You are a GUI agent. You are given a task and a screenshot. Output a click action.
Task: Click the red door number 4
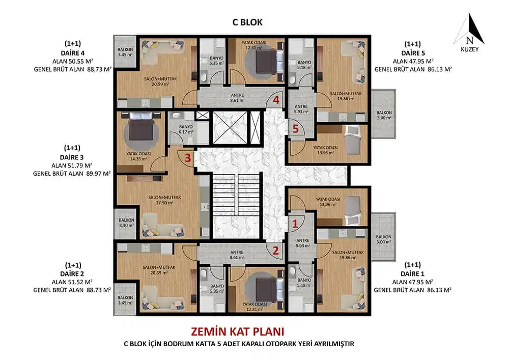point(276,100)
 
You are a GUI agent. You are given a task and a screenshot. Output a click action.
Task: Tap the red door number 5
point(295,128)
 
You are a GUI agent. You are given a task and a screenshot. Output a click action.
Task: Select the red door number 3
point(188,158)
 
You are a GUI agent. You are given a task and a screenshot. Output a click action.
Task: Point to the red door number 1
point(295,224)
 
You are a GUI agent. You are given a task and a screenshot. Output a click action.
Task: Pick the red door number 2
point(275,251)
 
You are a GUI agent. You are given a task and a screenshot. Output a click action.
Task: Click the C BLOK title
point(247,22)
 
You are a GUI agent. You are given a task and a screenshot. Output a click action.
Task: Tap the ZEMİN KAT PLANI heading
point(238,331)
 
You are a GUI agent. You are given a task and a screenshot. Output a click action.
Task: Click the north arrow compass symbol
point(469,29)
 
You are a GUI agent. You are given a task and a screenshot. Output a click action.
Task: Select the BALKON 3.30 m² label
point(126,223)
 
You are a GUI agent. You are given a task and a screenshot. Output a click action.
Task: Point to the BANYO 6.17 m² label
point(186,129)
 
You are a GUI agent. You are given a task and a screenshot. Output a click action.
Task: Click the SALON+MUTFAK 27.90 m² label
point(164,200)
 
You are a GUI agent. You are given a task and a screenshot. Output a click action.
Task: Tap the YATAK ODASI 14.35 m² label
point(138,156)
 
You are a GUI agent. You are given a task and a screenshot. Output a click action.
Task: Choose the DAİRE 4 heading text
point(72,53)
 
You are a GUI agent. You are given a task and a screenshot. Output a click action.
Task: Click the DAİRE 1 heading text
point(412,273)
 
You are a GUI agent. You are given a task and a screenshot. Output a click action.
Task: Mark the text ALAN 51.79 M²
point(72,165)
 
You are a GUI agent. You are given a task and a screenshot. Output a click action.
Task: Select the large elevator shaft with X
point(230,127)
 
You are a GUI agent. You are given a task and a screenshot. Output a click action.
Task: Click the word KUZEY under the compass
point(469,49)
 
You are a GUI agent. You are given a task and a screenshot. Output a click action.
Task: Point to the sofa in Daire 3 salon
point(162,225)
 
